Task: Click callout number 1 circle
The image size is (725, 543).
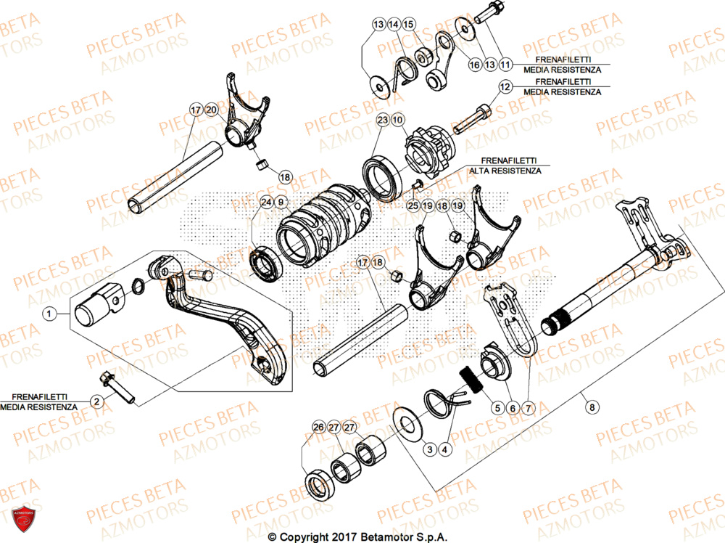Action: (49, 314)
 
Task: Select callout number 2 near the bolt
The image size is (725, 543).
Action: (95, 401)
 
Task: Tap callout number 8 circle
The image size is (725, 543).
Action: (592, 408)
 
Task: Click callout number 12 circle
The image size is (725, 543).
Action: (505, 87)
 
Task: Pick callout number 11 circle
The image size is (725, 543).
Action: (505, 65)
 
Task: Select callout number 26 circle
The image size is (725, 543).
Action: (318, 427)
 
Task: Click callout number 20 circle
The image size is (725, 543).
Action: (211, 110)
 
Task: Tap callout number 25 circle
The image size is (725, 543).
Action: (413, 207)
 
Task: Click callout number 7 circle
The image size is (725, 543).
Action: (527, 408)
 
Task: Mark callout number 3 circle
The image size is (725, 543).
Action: (430, 450)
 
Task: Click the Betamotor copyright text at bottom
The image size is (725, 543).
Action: (357, 537)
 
